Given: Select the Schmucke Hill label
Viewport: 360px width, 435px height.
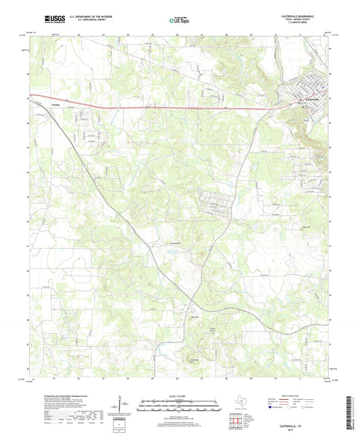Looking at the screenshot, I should point(195,360).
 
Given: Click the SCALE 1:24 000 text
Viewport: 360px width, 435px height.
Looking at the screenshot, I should point(180,396).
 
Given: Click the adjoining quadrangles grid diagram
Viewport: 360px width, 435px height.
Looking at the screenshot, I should point(236,422).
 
